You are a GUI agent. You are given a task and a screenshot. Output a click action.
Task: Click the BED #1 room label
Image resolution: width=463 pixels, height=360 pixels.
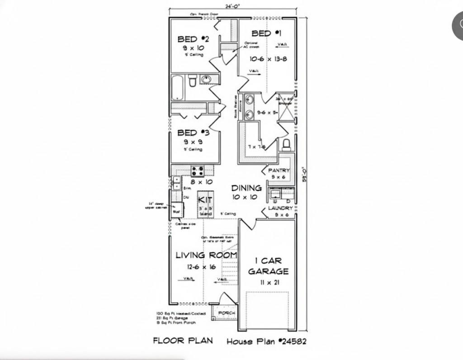coord(266,33)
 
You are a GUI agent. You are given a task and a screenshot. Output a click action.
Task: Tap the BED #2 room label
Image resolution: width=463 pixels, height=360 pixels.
coord(193,39)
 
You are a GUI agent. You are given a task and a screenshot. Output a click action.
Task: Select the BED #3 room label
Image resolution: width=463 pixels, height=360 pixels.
coord(193,133)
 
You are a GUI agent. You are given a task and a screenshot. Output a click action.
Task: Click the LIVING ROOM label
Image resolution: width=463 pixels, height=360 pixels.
coord(206,256)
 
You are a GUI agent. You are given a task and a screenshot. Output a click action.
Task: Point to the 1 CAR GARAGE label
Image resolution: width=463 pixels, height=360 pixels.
coord(268,266)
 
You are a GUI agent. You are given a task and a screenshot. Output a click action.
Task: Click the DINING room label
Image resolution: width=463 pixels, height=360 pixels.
coord(246,188)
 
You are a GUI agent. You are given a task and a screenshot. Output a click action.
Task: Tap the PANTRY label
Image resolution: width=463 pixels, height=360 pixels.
coord(279,171)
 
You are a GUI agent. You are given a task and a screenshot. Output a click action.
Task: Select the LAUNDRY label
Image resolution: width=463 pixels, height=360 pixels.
coord(280,208)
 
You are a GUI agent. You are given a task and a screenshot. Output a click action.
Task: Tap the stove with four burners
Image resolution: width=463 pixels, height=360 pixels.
coord(198,171)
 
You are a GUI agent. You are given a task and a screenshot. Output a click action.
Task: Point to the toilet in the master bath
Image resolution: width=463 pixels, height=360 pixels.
coord(286,145)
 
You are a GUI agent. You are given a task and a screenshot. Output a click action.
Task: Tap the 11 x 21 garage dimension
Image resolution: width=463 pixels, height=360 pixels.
coord(268,282)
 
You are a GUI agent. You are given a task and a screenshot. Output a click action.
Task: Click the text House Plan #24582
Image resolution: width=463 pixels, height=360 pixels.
coord(266,341)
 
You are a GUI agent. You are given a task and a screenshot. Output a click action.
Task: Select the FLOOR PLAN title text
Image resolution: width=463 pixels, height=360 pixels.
coord(183,340)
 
